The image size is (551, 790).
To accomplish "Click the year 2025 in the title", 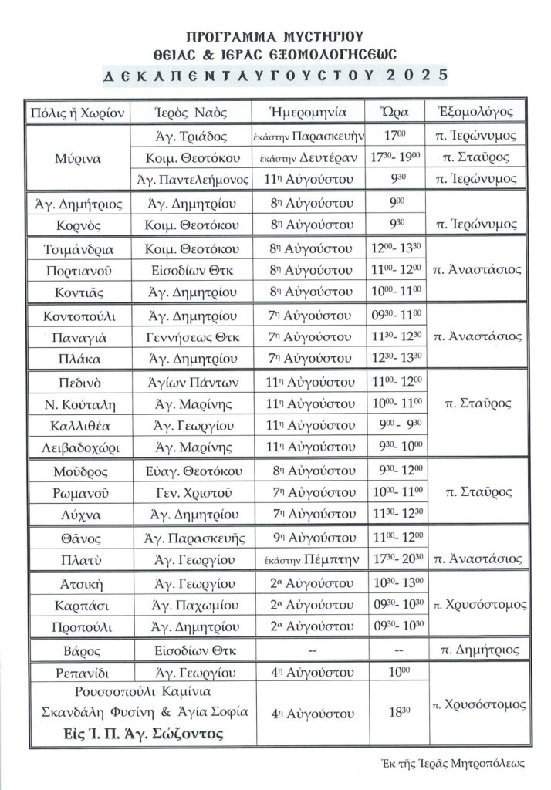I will tap(417, 75).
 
